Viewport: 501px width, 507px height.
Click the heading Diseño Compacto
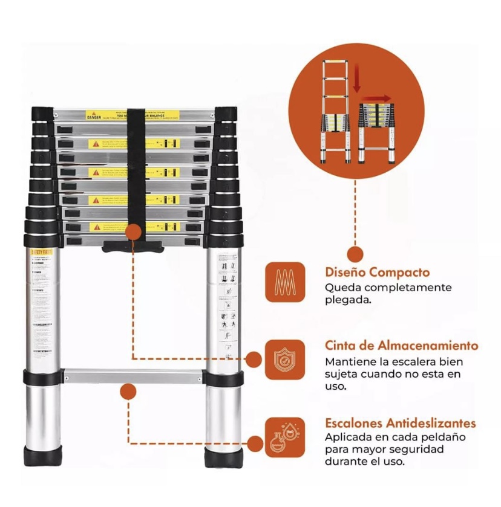377,273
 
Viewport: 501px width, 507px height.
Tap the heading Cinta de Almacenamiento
401,346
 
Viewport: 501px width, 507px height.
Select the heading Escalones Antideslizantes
400,423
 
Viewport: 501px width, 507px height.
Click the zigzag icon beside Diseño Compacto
284,282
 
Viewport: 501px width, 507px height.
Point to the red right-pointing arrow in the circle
380,97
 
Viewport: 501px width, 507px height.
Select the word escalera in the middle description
406,362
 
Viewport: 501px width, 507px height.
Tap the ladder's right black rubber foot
222,457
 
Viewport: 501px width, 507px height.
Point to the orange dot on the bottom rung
128,391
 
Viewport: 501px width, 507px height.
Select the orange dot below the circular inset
356,254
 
